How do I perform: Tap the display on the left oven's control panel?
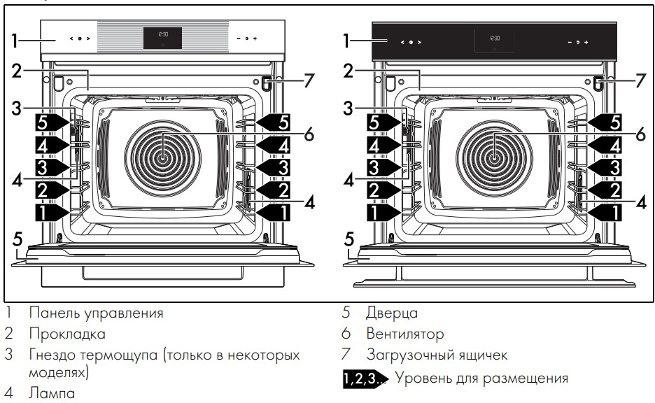pos(162,38)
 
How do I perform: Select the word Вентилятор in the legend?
pos(404,334)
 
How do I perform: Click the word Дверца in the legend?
pos(391,313)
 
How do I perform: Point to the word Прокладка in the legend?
pos(67,334)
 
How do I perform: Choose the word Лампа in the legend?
pos(51,394)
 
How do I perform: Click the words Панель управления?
pos(96,313)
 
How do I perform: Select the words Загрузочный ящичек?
pos(437,355)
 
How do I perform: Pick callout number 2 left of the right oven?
pos(348,71)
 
